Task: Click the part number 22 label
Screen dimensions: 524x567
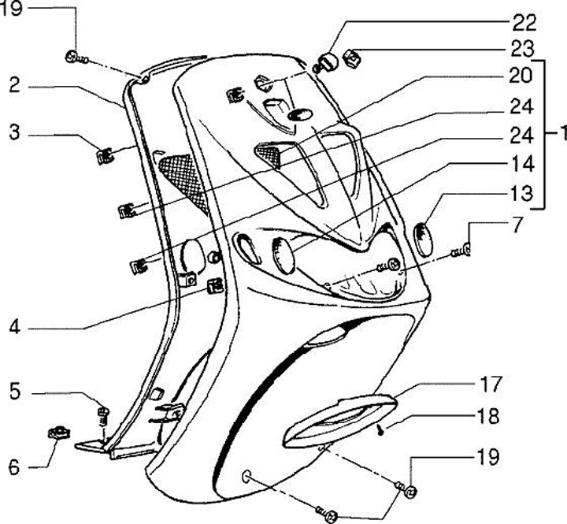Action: click(524, 20)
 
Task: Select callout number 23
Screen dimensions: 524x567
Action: click(524, 49)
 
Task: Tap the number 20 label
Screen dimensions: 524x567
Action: click(524, 77)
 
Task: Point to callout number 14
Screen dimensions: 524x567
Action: click(524, 164)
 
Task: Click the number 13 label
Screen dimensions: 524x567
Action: click(524, 193)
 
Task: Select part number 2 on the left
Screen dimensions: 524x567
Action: click(13, 85)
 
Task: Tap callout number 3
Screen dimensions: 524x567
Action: click(13, 134)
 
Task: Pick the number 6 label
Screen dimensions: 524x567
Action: click(13, 466)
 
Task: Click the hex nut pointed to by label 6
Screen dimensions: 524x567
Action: click(55, 431)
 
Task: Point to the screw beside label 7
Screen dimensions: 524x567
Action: click(460, 252)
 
